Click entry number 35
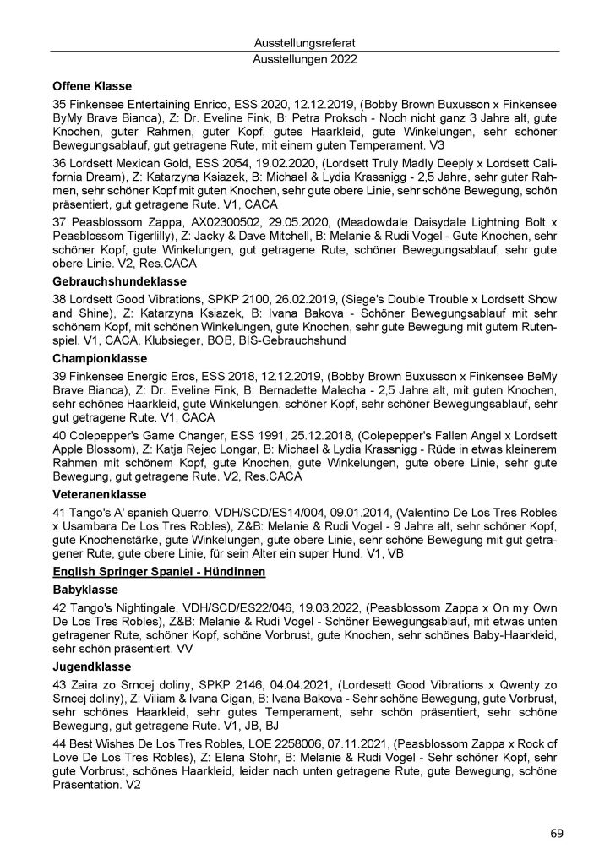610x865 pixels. [59, 102]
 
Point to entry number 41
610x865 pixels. [59, 511]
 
